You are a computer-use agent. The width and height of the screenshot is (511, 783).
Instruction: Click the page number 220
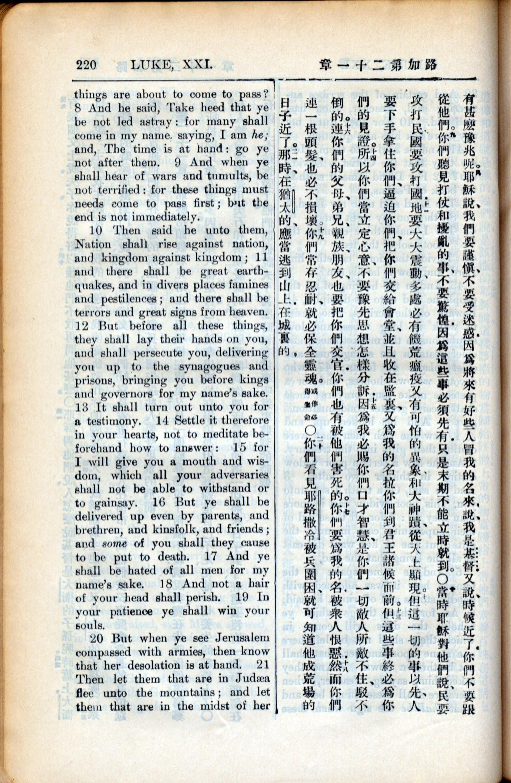(x=86, y=65)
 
